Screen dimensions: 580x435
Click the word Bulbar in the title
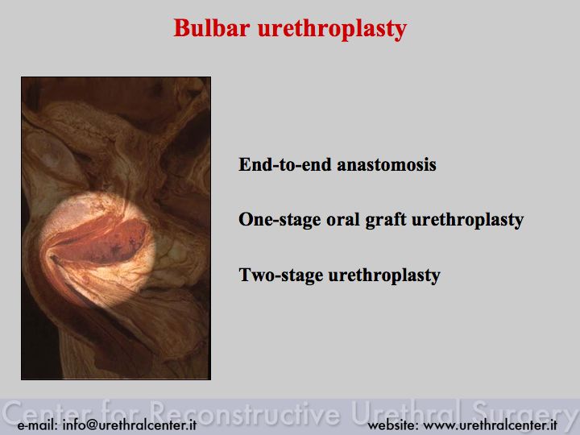(212, 27)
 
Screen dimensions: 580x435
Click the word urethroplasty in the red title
(332, 29)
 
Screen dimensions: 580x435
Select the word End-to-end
(285, 164)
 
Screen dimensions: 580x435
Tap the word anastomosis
(387, 164)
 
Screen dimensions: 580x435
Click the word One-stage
(280, 219)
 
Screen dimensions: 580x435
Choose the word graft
(385, 220)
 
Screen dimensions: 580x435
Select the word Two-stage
(281, 275)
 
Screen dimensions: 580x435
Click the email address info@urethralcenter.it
(130, 425)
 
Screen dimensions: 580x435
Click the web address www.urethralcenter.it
(490, 425)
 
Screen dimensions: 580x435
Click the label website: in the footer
(393, 425)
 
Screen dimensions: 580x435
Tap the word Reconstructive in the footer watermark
(245, 412)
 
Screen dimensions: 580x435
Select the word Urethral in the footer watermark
(406, 412)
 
